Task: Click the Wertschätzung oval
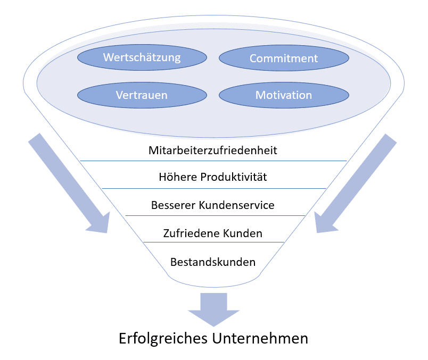[x=142, y=57]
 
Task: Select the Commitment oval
[x=284, y=58]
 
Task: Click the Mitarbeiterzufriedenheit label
[x=213, y=150]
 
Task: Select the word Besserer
[x=172, y=205]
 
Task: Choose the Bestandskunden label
[x=213, y=262]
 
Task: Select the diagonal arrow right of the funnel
[x=357, y=183]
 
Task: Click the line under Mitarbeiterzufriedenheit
[x=213, y=161]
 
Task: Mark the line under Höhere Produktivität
[x=213, y=188]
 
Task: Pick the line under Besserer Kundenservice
[x=213, y=215]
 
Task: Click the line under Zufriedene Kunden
[x=213, y=242]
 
